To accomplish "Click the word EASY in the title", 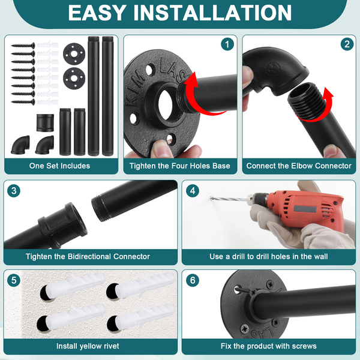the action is [97, 13].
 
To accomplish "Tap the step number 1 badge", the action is [227, 44].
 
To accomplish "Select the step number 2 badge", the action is [347, 44].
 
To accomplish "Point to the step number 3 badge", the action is [14, 191].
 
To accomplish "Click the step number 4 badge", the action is [193, 191].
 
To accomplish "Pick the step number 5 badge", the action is [14, 280].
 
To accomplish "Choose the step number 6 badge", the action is [193, 280].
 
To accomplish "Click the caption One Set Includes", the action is [59, 166].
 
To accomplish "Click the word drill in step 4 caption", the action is [239, 256].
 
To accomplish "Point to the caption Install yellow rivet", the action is [88, 346].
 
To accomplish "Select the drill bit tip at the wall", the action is [211, 198].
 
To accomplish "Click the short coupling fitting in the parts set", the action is [45, 122].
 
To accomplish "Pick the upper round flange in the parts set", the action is [74, 54].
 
